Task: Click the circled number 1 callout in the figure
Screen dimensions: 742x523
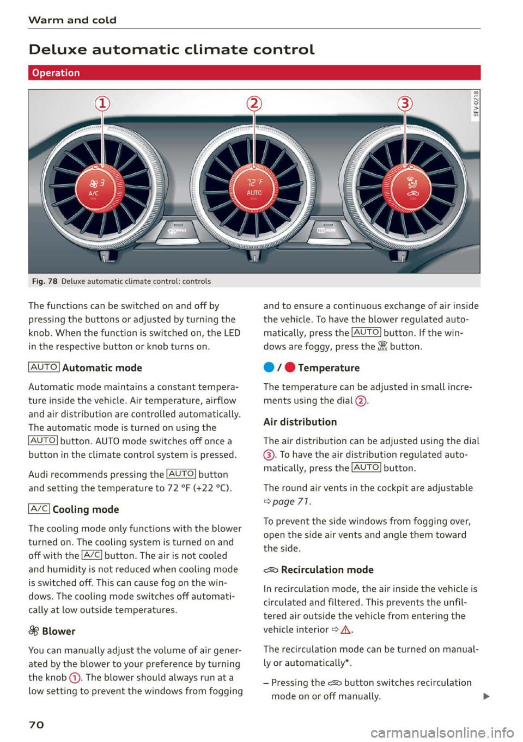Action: click(x=102, y=103)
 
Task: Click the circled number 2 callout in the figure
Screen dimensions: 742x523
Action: click(x=254, y=103)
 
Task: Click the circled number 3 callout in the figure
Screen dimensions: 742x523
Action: click(x=404, y=103)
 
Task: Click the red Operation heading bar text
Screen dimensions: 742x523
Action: click(x=56, y=73)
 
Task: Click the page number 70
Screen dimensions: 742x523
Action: click(x=36, y=725)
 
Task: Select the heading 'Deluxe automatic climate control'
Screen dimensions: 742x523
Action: click(x=172, y=50)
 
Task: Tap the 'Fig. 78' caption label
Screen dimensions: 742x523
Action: click(x=44, y=281)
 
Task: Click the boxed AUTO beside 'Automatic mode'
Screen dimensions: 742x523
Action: click(x=44, y=367)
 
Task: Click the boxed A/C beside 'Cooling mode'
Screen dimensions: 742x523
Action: click(x=39, y=509)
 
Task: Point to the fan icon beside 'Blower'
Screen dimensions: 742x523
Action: click(x=34, y=631)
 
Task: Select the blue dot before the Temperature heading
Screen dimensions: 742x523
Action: click(x=269, y=367)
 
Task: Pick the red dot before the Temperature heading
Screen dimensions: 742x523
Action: click(x=290, y=367)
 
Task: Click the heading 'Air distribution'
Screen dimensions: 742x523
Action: click(x=300, y=422)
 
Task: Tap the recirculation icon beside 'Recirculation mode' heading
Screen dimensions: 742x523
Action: click(x=271, y=570)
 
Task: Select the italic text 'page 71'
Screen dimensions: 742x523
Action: click(x=291, y=501)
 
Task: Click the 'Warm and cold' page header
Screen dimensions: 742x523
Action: click(x=72, y=20)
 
